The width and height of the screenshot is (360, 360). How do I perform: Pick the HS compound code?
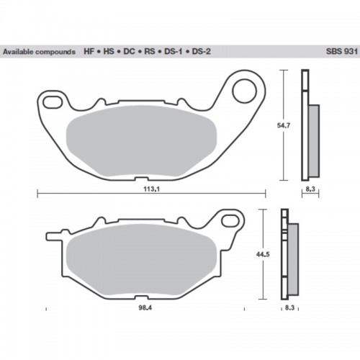pyautogui.click(x=109, y=53)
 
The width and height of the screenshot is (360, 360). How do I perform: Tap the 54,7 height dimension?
pyautogui.click(x=286, y=125)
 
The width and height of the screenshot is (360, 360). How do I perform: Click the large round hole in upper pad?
pyautogui.click(x=245, y=91)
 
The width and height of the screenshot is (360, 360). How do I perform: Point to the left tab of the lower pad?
pyautogui.click(x=55, y=235)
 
